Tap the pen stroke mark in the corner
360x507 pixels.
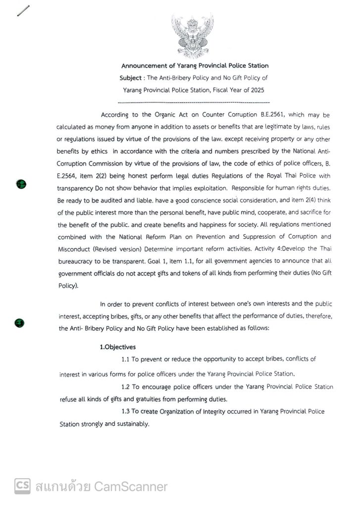coord(23,10)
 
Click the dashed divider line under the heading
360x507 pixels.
coord(194,102)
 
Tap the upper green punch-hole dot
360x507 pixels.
coord(21,184)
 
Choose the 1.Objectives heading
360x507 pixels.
coord(118,347)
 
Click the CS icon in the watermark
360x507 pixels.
coord(22,486)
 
